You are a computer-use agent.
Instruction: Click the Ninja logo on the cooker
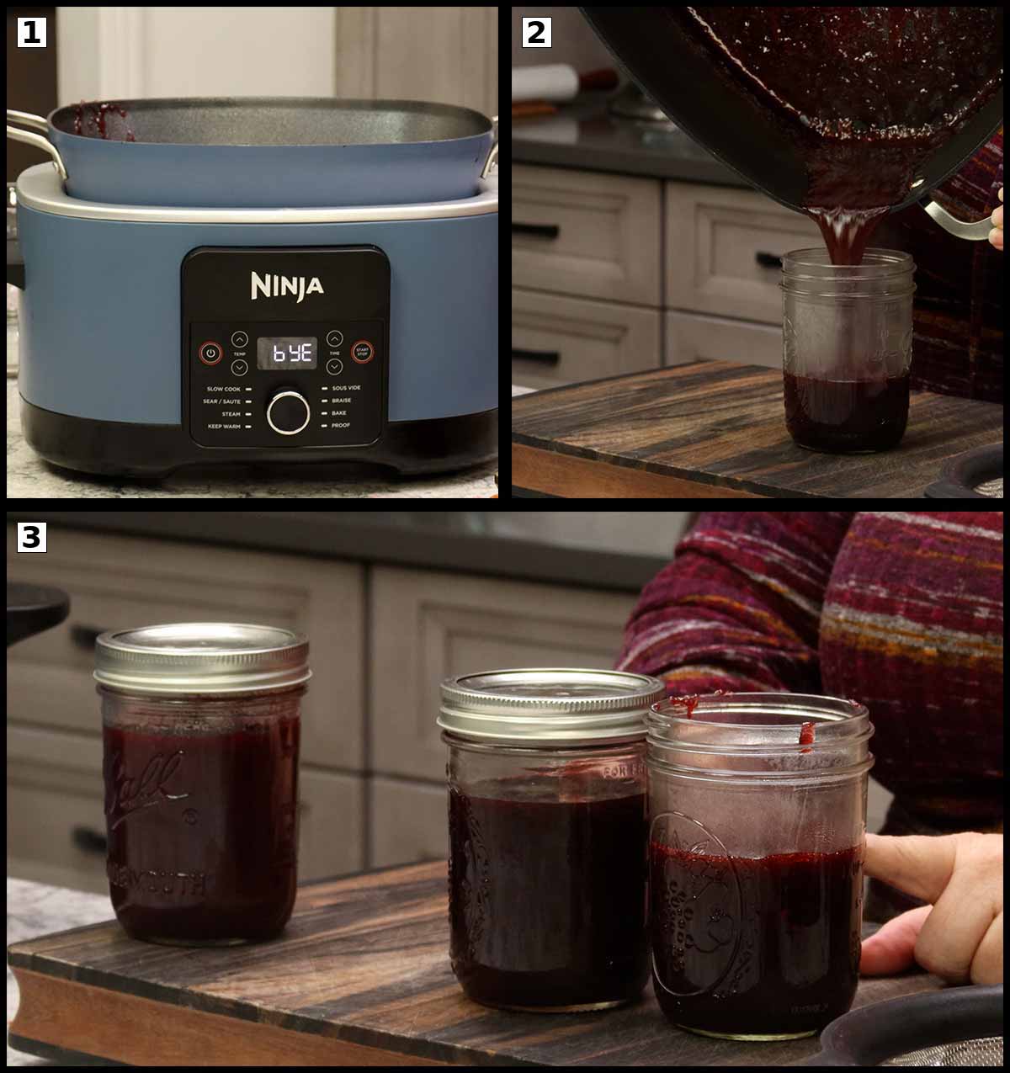pyautogui.click(x=286, y=285)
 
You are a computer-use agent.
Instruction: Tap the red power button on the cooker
pyautogui.click(x=210, y=353)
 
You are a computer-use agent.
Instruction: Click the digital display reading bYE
pyautogui.click(x=286, y=353)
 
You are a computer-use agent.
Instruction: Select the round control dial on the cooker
pyautogui.click(x=287, y=412)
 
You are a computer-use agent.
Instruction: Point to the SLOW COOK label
pyautogui.click(x=223, y=390)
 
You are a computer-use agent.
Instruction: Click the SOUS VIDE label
pyautogui.click(x=346, y=389)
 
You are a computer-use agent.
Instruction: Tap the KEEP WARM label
pyautogui.click(x=223, y=427)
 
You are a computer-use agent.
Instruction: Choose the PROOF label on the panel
pyautogui.click(x=341, y=426)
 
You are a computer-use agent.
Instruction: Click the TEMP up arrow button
pyautogui.click(x=240, y=339)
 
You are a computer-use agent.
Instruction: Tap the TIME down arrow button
pyautogui.click(x=334, y=368)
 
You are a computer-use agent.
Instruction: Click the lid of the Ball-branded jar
pyautogui.click(x=202, y=656)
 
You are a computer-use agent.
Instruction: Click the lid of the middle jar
pyautogui.click(x=543, y=703)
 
